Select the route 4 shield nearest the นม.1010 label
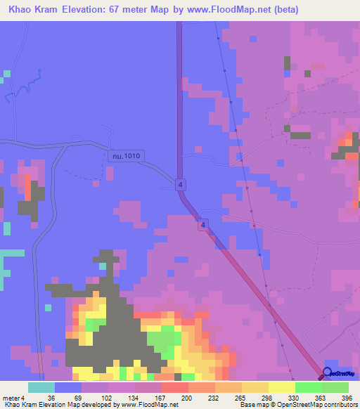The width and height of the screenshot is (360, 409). (181, 184)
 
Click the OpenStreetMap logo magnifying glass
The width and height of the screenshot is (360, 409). (328, 373)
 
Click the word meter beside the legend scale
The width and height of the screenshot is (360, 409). (11, 397)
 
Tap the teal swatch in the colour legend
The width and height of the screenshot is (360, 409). (41, 387)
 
